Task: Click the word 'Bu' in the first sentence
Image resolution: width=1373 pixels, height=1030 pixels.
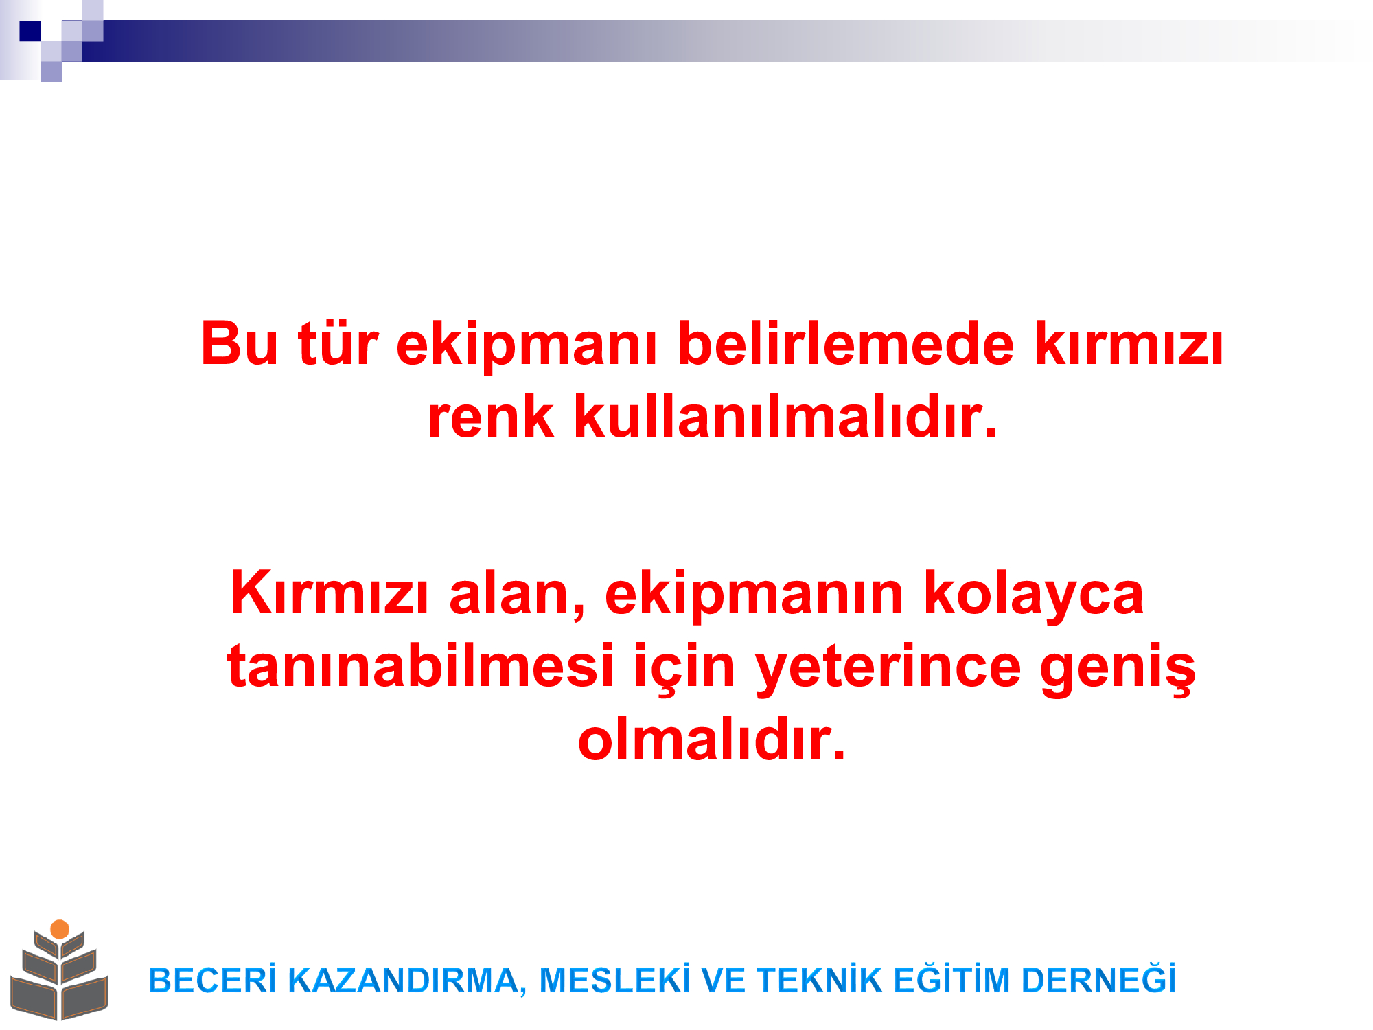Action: click(240, 343)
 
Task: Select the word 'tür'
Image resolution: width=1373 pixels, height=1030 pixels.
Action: click(338, 343)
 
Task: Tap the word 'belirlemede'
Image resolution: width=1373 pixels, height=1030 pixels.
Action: click(846, 343)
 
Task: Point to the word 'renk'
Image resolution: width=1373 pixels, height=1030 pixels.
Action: click(490, 417)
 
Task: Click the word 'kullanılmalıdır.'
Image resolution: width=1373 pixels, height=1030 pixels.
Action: click(785, 416)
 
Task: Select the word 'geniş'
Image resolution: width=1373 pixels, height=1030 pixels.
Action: click(1118, 669)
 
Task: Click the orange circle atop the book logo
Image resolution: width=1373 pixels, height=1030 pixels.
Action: click(60, 929)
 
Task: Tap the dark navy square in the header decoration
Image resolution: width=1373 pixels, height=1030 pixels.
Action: click(30, 31)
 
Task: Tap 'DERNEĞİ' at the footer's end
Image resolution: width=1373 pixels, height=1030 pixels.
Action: click(1098, 979)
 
